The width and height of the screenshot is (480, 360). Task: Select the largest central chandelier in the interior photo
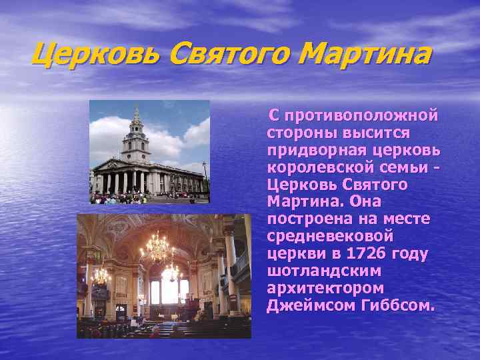click(x=158, y=248)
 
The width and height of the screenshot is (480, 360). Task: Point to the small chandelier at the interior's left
click(x=100, y=275)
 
